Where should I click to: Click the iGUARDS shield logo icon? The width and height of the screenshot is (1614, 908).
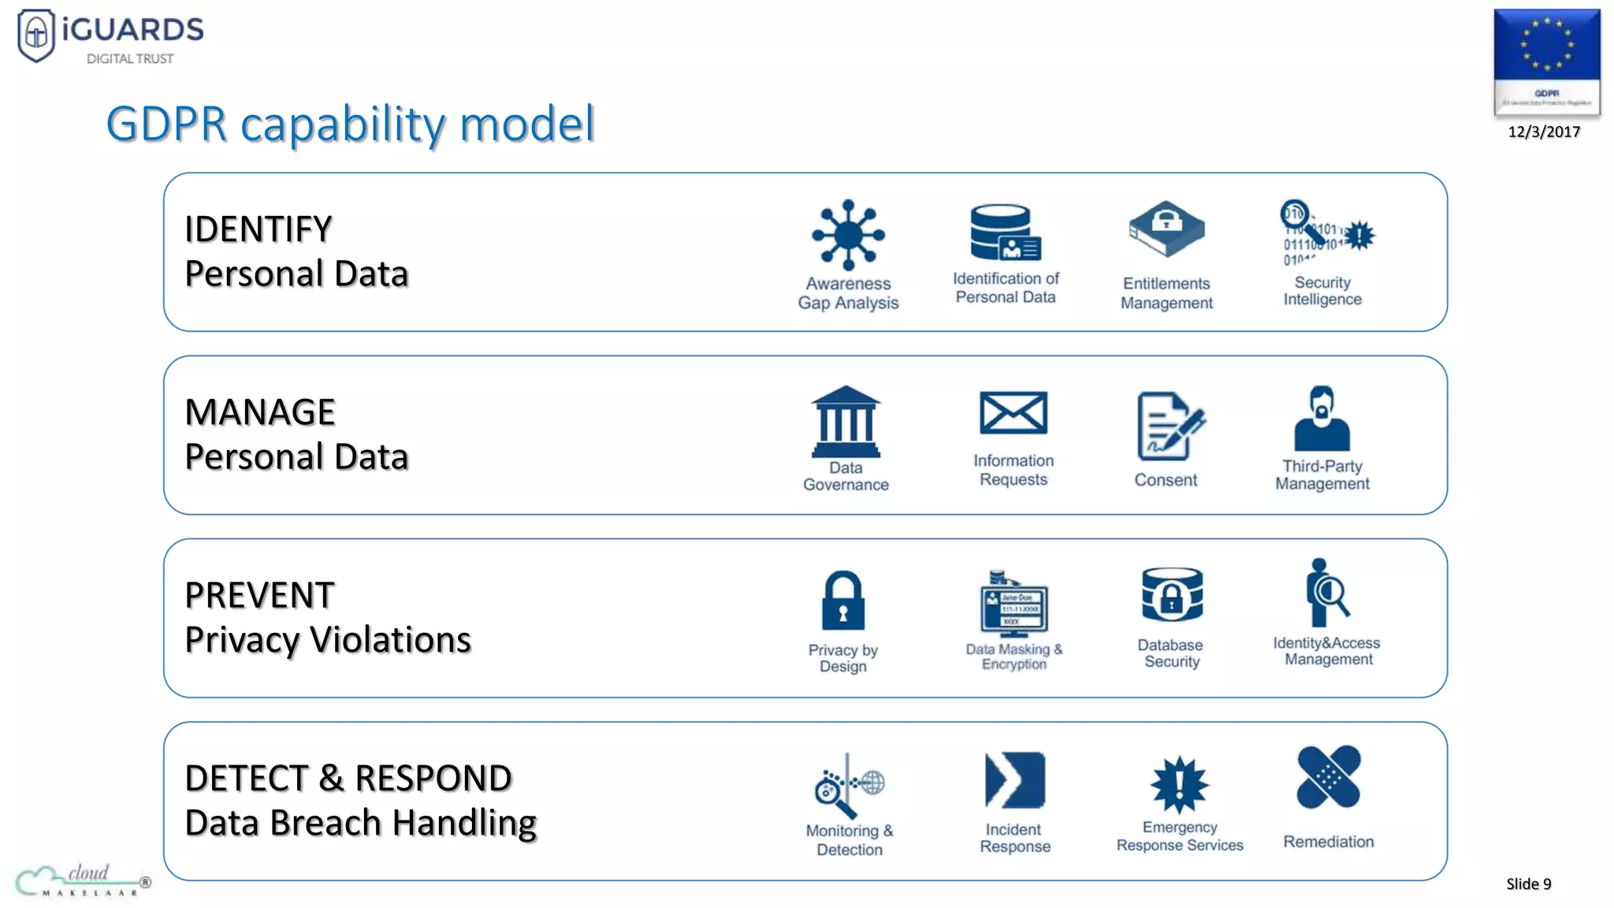tap(36, 35)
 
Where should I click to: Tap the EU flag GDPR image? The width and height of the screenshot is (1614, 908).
tap(1546, 61)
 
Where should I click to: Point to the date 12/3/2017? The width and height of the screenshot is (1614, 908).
tap(1544, 132)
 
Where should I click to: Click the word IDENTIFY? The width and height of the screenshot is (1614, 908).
tap(258, 229)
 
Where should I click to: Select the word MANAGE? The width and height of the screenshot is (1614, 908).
tap(260, 412)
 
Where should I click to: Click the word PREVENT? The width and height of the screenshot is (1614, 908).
tap(260, 595)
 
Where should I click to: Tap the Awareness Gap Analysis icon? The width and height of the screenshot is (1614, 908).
tap(848, 234)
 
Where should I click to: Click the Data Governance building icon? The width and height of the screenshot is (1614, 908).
tap(846, 421)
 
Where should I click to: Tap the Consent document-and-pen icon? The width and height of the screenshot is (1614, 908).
tap(1170, 426)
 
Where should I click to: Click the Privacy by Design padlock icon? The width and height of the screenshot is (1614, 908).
tap(842, 601)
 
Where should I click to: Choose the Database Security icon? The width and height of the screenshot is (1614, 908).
tap(1172, 595)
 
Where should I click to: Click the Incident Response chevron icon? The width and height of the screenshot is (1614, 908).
tap(1014, 780)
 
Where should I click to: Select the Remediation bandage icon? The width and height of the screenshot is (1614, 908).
tap(1329, 777)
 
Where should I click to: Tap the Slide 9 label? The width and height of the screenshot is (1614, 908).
tap(1528, 884)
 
